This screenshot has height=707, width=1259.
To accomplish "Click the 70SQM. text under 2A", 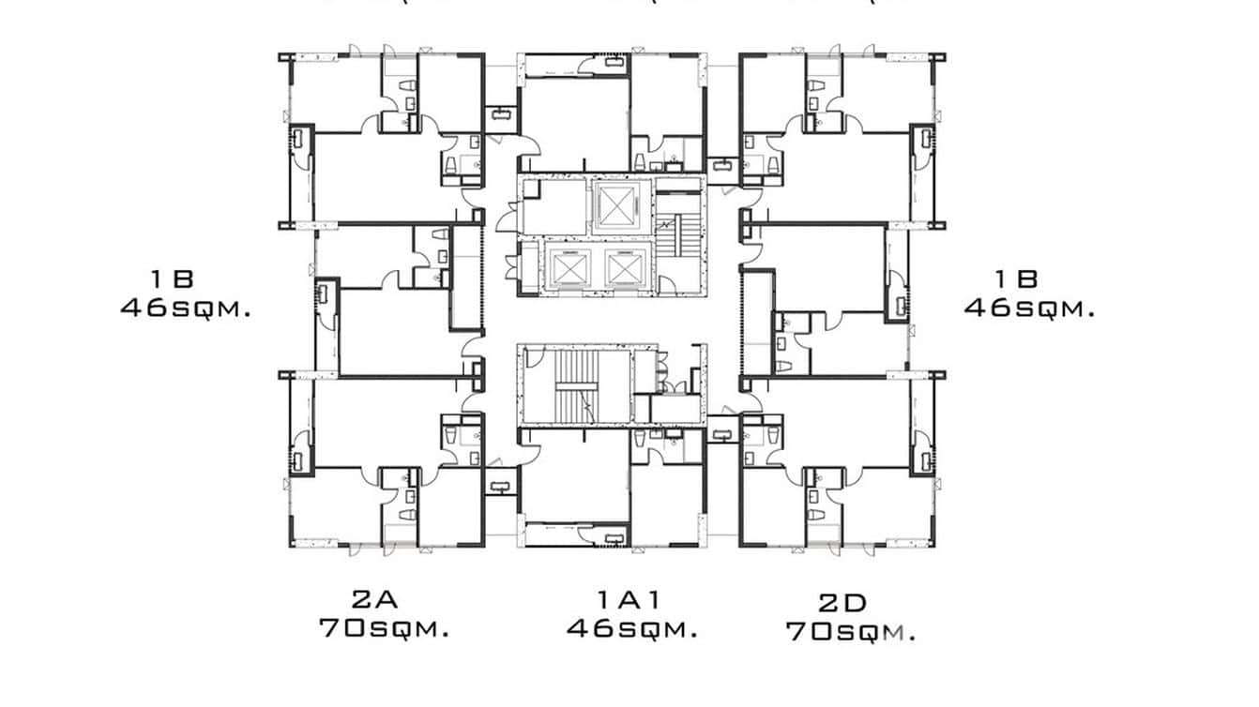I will pyautogui.click(x=384, y=627).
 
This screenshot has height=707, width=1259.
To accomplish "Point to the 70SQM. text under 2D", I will pyautogui.click(x=850, y=631).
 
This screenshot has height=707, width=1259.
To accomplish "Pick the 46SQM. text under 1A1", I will pyautogui.click(x=632, y=627).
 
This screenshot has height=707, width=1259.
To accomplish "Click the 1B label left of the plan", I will pyautogui.click(x=171, y=278).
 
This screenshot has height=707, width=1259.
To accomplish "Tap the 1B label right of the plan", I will pyautogui.click(x=1016, y=278).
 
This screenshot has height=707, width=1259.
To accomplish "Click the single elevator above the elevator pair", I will pyautogui.click(x=615, y=204).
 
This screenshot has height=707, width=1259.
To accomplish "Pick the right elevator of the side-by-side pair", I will pyautogui.click(x=623, y=269).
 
